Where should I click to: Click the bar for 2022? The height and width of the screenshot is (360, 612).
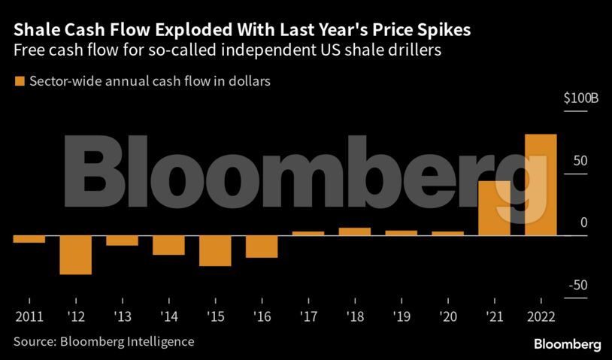(541, 185)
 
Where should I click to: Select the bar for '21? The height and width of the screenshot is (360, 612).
(495, 208)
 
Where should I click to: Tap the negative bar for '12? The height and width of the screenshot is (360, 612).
(75, 255)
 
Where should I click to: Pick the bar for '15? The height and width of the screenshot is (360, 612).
(215, 250)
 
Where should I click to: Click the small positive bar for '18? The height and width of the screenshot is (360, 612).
(355, 231)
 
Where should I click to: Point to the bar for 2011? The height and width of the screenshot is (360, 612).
(29, 239)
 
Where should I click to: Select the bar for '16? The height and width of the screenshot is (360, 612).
(262, 247)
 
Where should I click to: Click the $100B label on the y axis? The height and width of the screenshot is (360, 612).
(580, 99)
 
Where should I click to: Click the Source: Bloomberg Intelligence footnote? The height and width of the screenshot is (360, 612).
(104, 342)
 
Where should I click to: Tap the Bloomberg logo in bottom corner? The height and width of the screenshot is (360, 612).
(567, 344)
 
